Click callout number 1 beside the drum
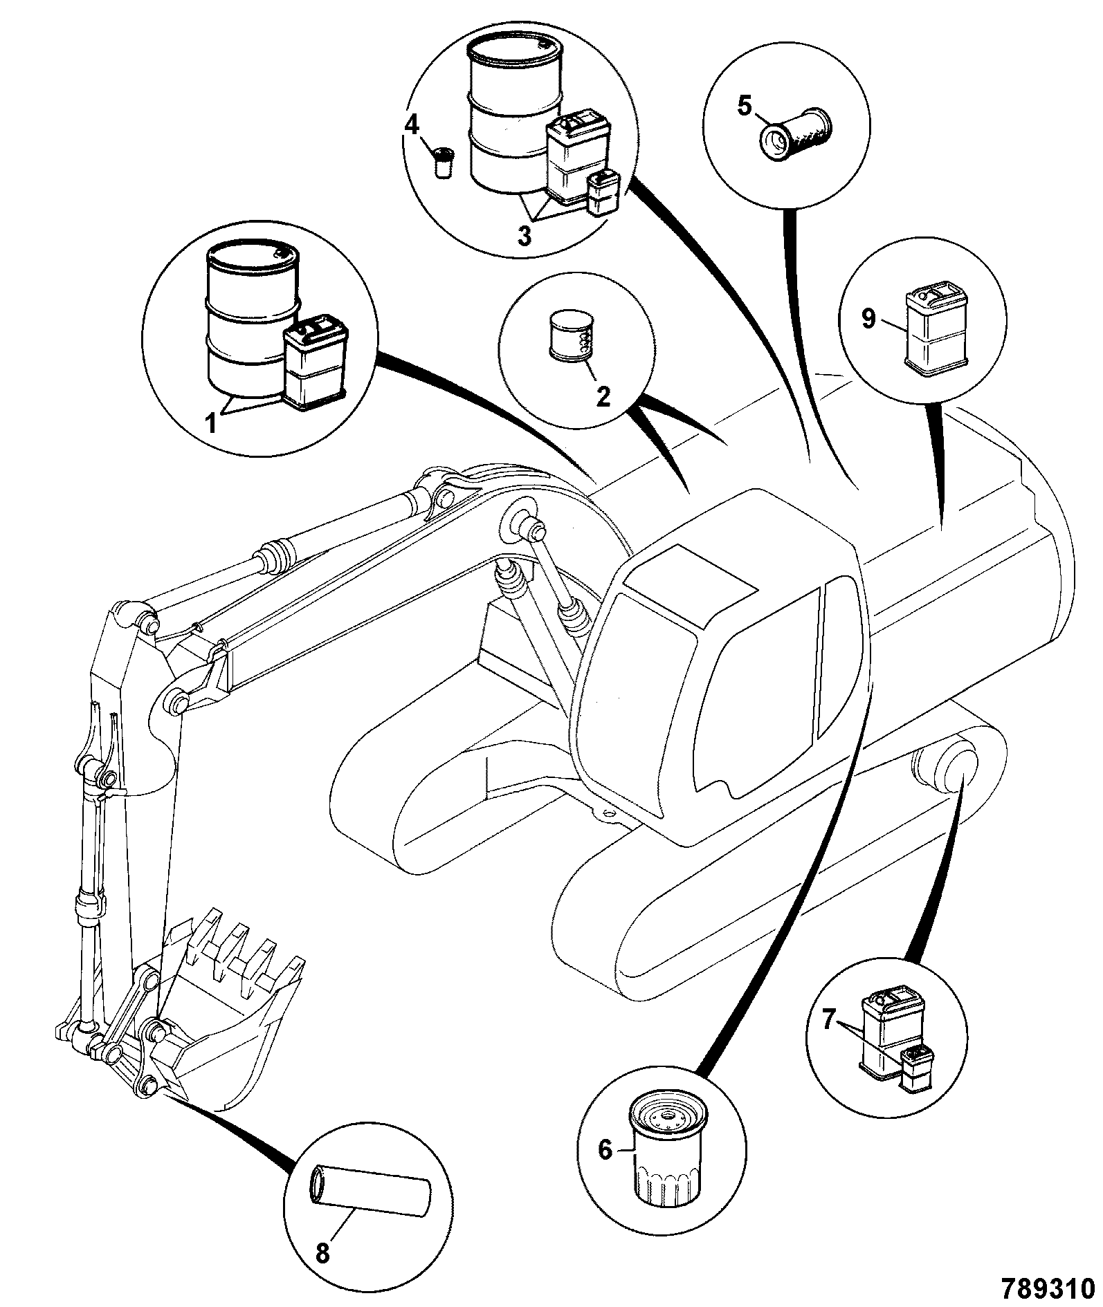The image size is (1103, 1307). tap(212, 422)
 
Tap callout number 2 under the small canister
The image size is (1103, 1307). tap(603, 396)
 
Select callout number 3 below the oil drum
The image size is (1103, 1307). tap(524, 236)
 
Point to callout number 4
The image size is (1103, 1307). tap(412, 125)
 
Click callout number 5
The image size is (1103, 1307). tap(744, 107)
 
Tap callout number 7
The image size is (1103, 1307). tap(828, 1019)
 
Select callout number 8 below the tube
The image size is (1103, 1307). tap(322, 1252)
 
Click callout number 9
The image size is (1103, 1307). tap(869, 319)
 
